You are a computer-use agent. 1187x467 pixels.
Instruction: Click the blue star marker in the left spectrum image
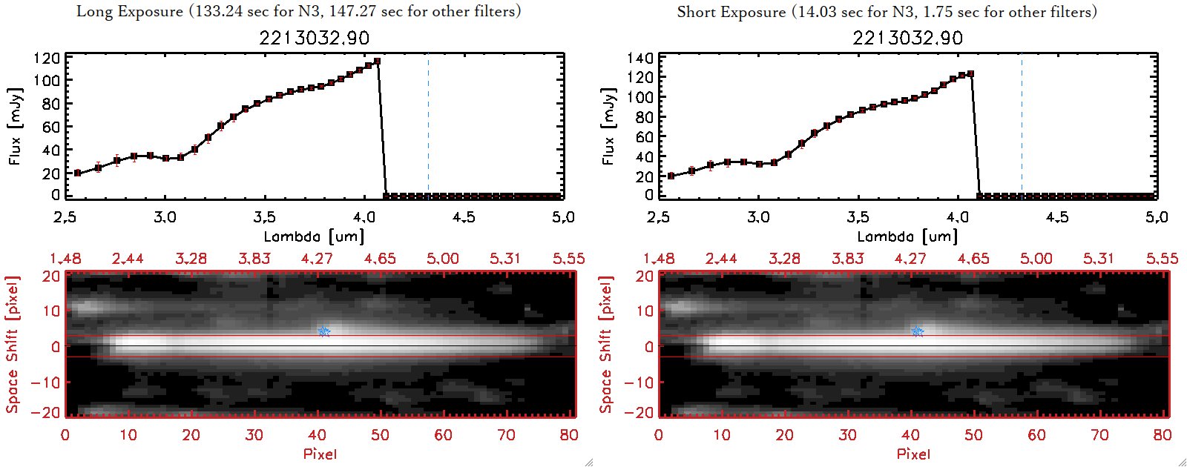(x=323, y=331)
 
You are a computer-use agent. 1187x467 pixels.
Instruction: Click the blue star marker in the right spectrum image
(x=917, y=331)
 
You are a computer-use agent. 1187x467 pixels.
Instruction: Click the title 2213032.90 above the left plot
(x=314, y=38)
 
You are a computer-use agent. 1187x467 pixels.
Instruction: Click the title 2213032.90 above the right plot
(x=907, y=38)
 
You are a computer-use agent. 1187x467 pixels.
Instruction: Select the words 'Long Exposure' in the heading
(x=130, y=11)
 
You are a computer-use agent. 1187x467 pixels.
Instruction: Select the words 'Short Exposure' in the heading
(x=731, y=12)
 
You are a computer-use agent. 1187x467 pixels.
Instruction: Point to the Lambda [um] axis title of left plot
(x=314, y=236)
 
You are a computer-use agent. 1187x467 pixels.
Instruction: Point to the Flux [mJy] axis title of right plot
(x=608, y=126)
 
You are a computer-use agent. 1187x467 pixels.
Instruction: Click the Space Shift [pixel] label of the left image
(x=12, y=345)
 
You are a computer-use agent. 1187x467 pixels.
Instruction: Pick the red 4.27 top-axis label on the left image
(x=317, y=259)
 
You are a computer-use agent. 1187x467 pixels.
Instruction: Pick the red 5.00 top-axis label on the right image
(x=1036, y=259)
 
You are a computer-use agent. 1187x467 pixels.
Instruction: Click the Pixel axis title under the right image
(x=913, y=454)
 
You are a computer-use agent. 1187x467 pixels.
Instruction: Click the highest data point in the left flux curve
(x=378, y=62)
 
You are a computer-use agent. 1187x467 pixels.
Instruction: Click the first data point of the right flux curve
(x=671, y=176)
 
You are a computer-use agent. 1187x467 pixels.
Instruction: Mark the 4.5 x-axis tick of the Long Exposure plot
(x=464, y=217)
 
